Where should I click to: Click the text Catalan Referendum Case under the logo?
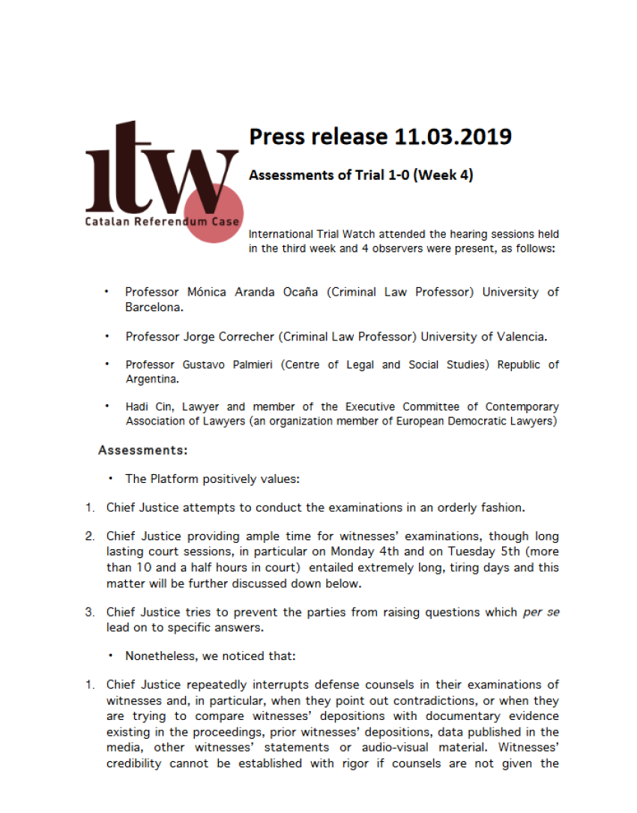(x=162, y=221)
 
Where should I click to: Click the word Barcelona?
(x=154, y=307)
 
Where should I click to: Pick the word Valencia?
(x=520, y=337)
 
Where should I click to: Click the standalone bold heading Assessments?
(x=143, y=451)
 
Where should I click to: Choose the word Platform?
(x=173, y=479)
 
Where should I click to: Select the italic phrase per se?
(x=541, y=612)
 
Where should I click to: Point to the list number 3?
(x=89, y=612)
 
